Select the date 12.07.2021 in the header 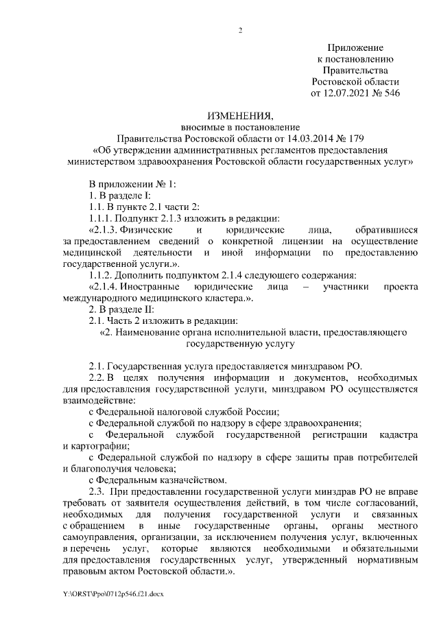pyautogui.click(x=345, y=92)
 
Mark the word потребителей pyautogui.click(x=381, y=456)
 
